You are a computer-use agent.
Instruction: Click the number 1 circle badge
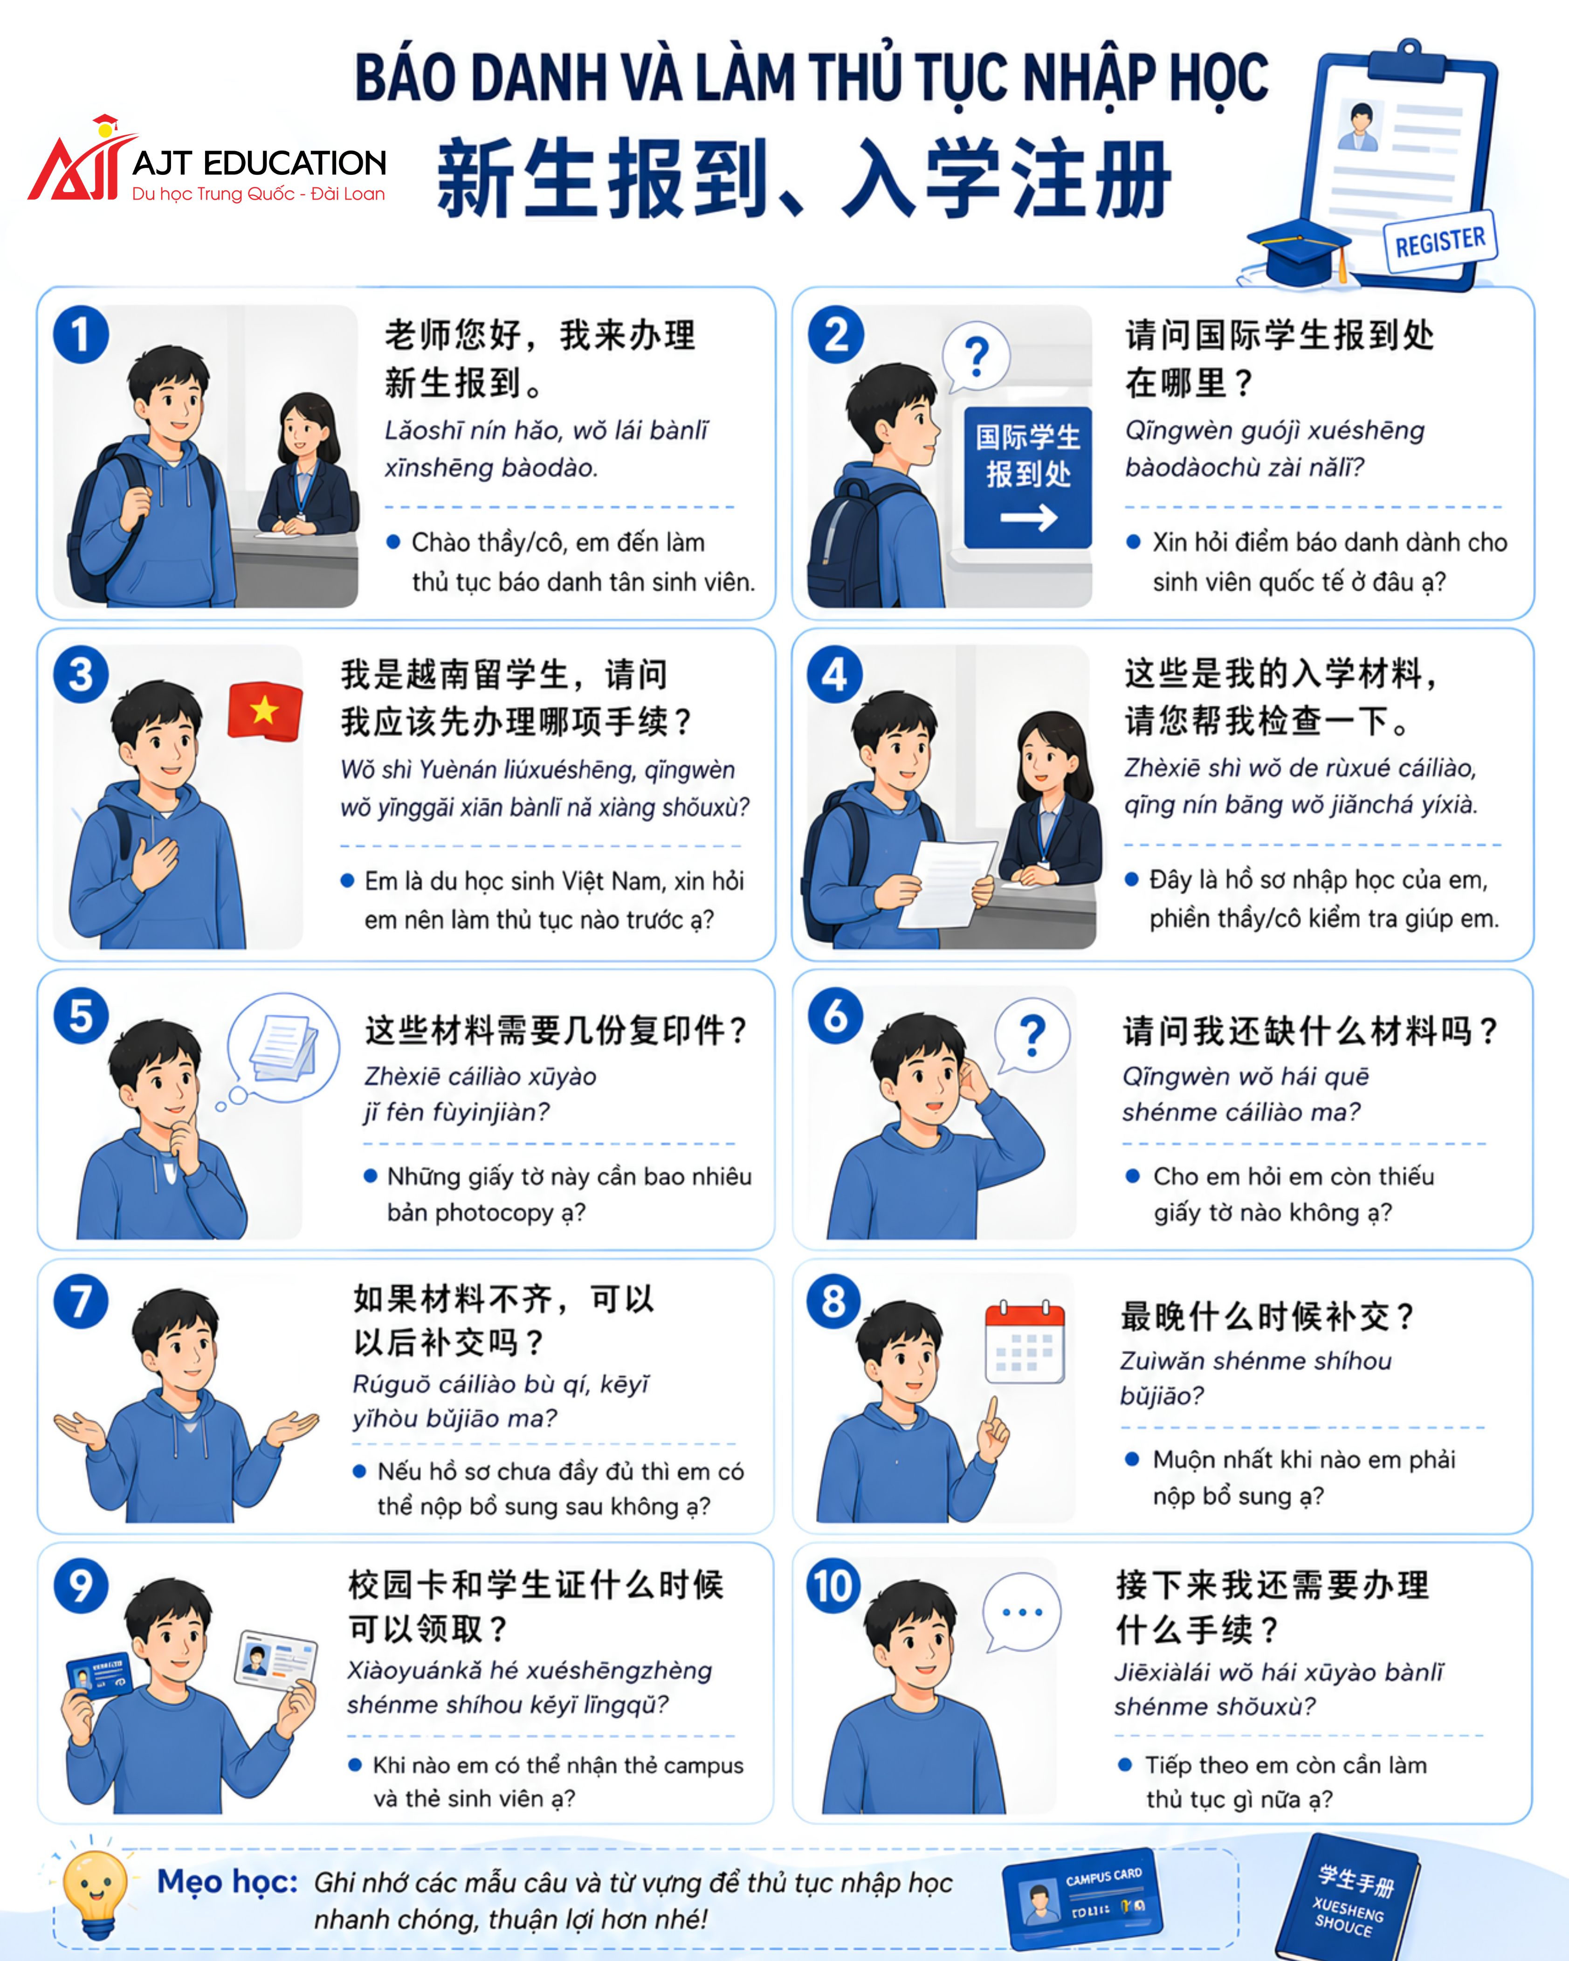[x=81, y=335]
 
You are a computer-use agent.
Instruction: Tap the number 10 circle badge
[x=833, y=1585]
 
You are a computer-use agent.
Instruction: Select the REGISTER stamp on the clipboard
[x=1440, y=242]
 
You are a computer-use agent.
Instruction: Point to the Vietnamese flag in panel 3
[x=265, y=711]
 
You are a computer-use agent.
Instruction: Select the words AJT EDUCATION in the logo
[x=259, y=164]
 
